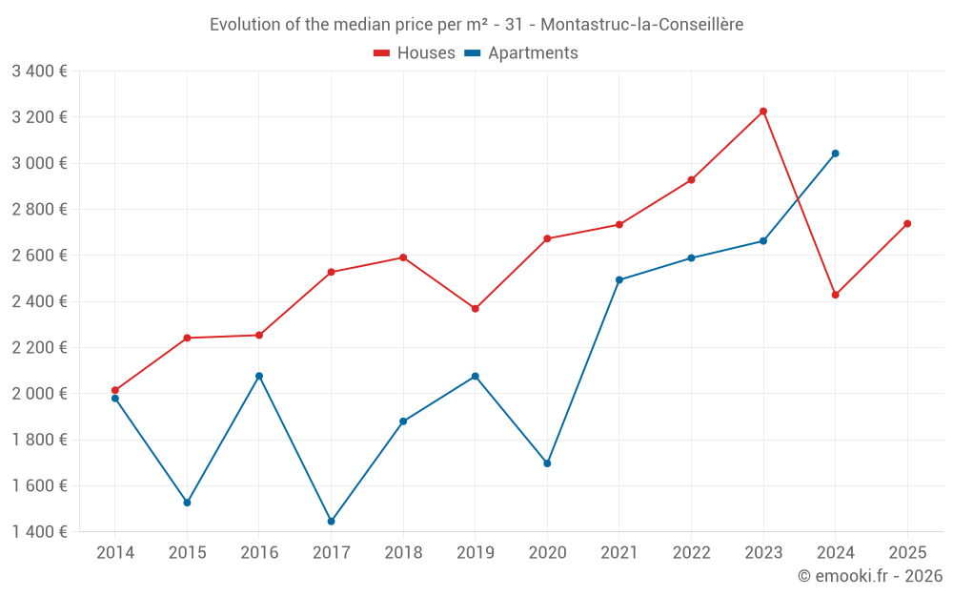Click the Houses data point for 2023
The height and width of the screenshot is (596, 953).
(763, 112)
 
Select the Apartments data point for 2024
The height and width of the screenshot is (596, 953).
(835, 154)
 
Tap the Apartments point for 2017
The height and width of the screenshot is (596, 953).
(331, 522)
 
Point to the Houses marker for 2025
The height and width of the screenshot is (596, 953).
(907, 224)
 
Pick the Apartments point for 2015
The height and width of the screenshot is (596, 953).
(187, 503)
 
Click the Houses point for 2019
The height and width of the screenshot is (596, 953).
(475, 309)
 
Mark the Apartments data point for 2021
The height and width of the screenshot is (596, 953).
(619, 280)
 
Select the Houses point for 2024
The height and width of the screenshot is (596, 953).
(835, 295)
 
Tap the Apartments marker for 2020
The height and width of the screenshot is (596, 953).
(547, 463)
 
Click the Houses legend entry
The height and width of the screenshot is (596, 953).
(415, 53)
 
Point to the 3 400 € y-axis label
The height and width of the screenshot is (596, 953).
(39, 71)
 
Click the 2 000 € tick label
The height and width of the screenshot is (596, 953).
(39, 394)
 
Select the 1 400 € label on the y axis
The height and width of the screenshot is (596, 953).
(39, 532)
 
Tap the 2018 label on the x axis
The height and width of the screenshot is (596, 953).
(403, 552)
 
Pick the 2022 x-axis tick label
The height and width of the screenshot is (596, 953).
(691, 552)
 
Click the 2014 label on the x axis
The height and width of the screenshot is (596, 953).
(115, 552)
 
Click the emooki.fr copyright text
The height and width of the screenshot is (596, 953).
(869, 576)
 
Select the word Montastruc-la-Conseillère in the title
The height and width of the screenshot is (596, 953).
(641, 25)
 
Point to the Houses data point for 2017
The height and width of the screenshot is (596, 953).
(331, 273)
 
